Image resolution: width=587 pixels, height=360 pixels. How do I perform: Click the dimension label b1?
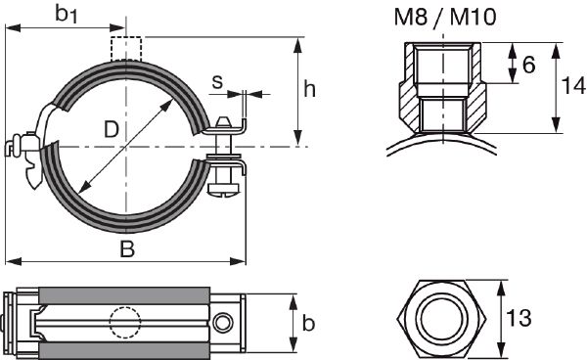(66, 16)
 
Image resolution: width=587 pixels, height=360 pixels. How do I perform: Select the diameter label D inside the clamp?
(113, 129)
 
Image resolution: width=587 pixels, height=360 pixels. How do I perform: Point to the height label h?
(309, 90)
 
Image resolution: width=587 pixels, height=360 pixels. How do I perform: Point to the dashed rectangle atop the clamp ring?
(126, 48)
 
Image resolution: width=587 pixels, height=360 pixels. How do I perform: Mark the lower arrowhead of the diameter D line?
(81, 188)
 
